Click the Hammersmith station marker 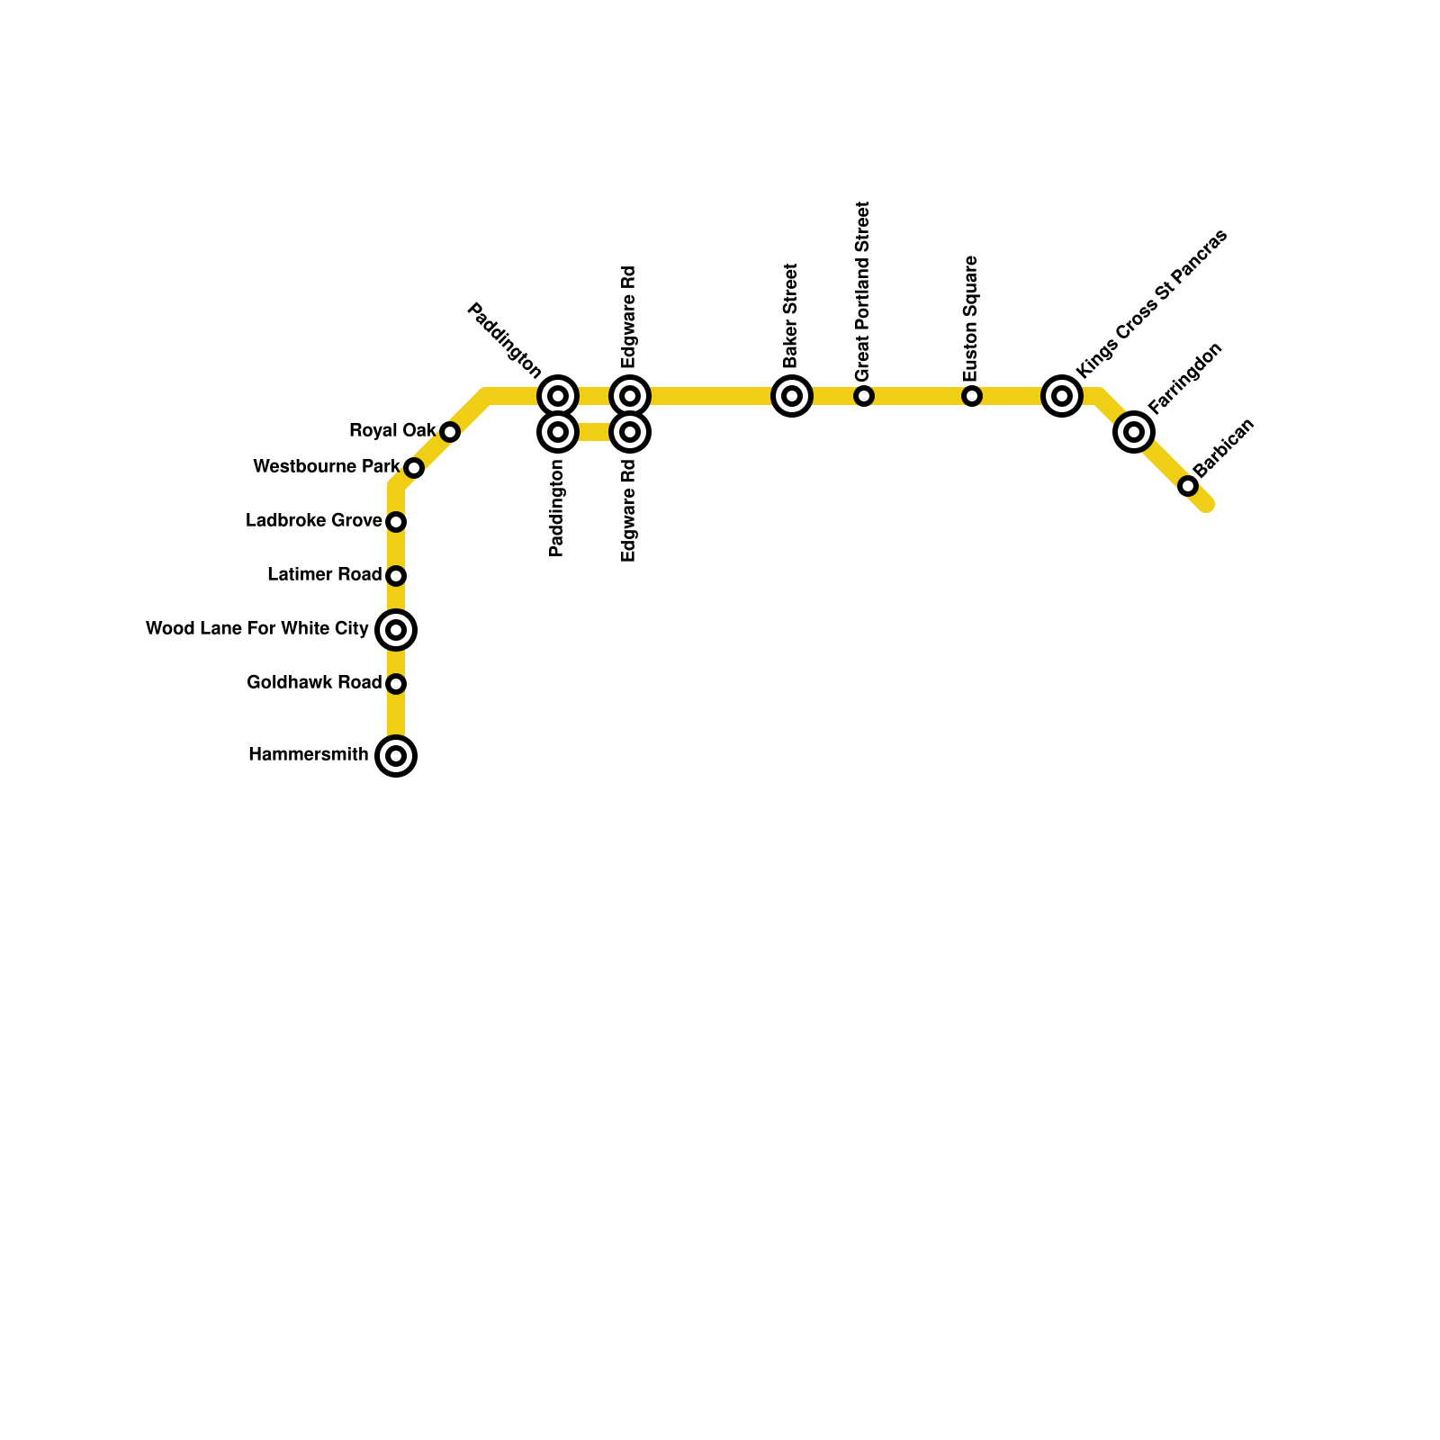(396, 755)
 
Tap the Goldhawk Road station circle (396, 684)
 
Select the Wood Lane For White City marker (396, 629)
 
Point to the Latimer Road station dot (396, 576)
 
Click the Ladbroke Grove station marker (396, 522)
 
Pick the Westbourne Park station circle (414, 468)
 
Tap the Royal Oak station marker (450, 432)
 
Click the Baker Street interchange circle (792, 396)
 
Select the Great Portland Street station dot (864, 396)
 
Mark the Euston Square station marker (972, 396)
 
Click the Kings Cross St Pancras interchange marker (1062, 396)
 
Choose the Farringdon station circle (1134, 432)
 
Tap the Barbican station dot (1188, 486)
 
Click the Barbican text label (1223, 448)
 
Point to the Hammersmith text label (309, 755)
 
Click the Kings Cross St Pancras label (1152, 303)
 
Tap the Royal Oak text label (392, 431)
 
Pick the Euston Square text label (970, 319)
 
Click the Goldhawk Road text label (314, 683)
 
